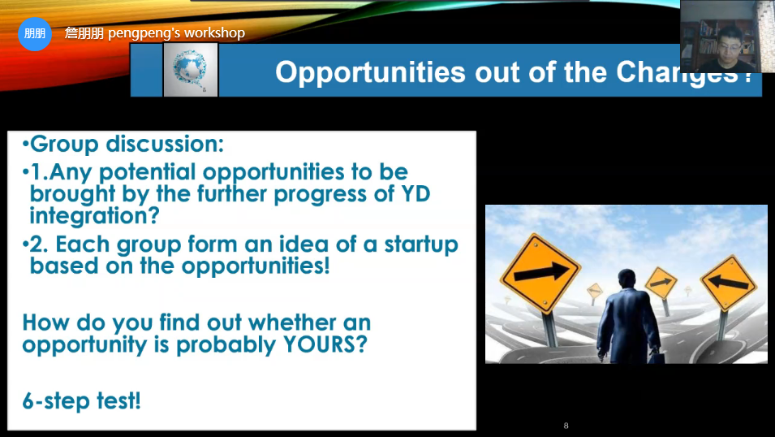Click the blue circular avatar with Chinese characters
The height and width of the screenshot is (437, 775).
pos(35,33)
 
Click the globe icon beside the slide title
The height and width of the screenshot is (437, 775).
pos(190,69)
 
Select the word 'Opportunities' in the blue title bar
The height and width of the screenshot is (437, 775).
pos(370,72)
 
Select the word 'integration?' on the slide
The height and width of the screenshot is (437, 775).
pos(94,216)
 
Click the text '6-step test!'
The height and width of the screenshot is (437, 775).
pos(81,401)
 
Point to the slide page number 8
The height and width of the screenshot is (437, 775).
pos(566,426)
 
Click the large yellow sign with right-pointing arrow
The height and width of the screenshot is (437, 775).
pos(540,273)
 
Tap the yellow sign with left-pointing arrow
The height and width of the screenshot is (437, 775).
pos(728,283)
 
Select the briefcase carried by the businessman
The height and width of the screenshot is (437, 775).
pos(656,357)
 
